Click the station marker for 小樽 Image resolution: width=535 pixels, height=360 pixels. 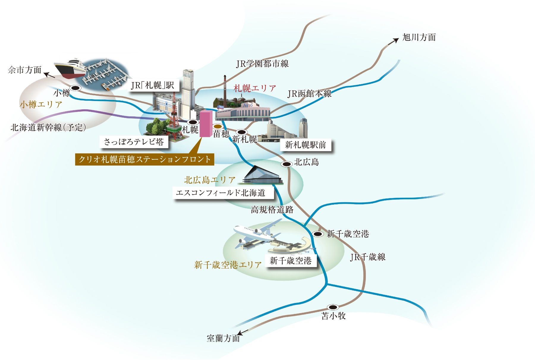pos(75,88)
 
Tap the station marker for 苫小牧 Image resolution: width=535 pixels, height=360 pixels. pos(333,307)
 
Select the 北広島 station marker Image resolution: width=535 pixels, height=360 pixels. pos(287,164)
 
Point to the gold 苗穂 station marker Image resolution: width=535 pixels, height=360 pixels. pos(218,126)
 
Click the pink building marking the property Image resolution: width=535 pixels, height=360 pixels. pos(206,124)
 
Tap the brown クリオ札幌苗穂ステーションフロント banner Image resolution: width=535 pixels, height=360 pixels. pos(144,160)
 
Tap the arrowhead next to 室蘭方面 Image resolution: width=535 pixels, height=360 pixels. pos(241,333)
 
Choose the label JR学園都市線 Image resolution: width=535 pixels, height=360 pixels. pos(262,64)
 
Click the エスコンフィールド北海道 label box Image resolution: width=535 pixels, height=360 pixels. pos(221,193)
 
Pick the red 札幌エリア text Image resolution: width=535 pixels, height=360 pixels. pos(255,88)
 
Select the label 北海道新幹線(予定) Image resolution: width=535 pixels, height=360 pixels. pos(48,127)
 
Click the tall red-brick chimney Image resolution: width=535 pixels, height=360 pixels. pos(225,88)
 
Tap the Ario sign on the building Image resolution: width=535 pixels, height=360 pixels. pos(248,105)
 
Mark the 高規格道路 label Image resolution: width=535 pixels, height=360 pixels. pos(272,210)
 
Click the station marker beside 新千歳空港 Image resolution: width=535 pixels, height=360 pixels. pos(318,234)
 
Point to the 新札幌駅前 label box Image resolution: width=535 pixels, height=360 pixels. pos(306,145)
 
